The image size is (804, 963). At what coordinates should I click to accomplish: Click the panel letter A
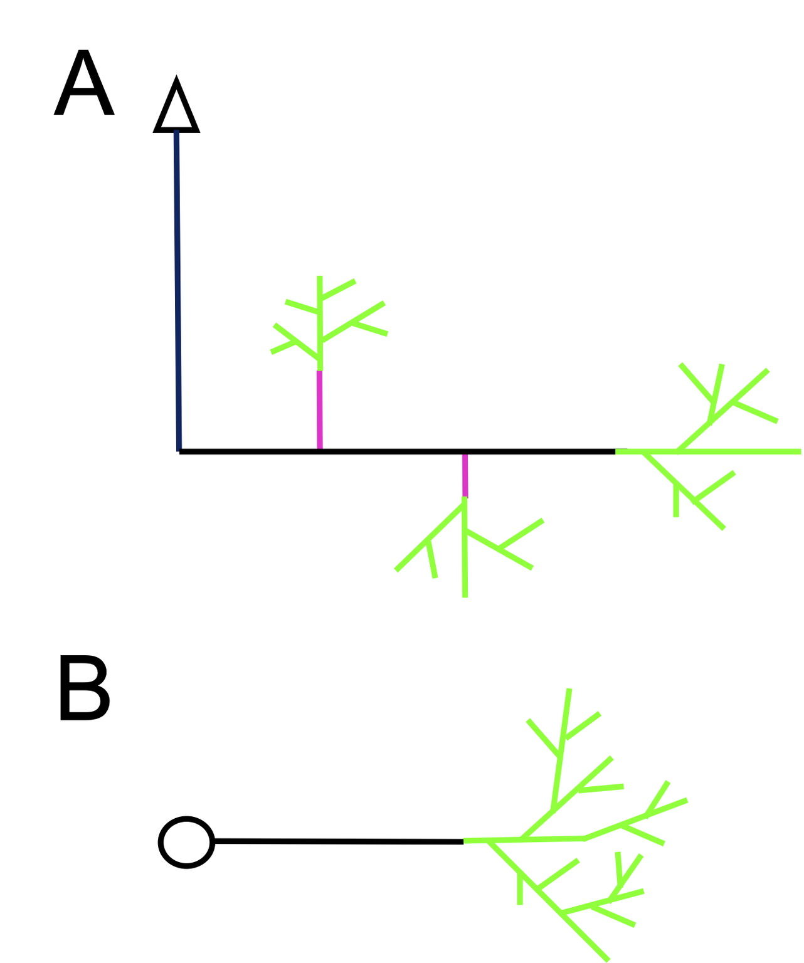pyautogui.click(x=84, y=85)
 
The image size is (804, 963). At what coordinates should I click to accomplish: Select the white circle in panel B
pyautogui.click(x=186, y=842)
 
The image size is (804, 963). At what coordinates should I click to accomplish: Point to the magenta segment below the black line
pyautogui.click(x=465, y=475)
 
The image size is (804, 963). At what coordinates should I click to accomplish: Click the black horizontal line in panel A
pyautogui.click(x=395, y=451)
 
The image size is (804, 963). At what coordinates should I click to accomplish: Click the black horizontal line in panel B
pyautogui.click(x=339, y=841)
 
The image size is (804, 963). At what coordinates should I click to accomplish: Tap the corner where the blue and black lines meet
pyautogui.click(x=179, y=451)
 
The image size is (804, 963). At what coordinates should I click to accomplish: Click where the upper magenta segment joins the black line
pyautogui.click(x=320, y=450)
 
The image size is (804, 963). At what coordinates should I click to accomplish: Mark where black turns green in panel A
pyautogui.click(x=616, y=451)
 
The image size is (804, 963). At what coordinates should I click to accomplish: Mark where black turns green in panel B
pyautogui.click(x=464, y=841)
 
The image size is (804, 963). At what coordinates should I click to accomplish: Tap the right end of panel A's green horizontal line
pyautogui.click(x=800, y=451)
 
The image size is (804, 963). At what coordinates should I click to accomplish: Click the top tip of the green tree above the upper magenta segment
pyautogui.click(x=320, y=277)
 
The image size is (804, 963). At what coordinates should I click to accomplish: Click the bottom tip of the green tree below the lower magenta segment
pyautogui.click(x=465, y=596)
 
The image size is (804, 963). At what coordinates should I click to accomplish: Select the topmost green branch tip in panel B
pyautogui.click(x=569, y=690)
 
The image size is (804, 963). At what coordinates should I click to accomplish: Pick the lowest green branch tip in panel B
pyautogui.click(x=608, y=959)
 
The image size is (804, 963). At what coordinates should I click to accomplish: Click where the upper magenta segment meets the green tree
pyautogui.click(x=320, y=371)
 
